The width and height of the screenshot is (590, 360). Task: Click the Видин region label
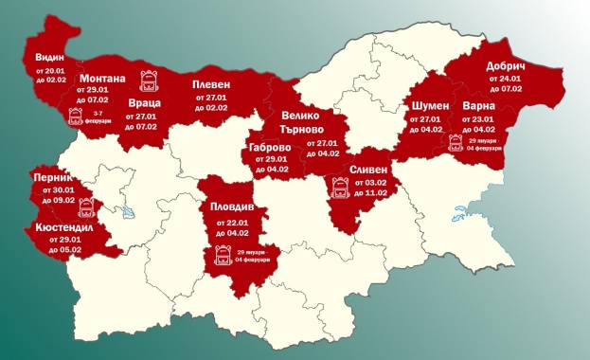(x=46, y=55)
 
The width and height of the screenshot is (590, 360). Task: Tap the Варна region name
(x=479, y=106)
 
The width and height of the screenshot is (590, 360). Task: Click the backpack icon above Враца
(x=148, y=80)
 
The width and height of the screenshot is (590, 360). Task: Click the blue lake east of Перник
(x=124, y=212)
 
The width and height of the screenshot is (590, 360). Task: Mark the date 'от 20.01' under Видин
(x=46, y=69)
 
